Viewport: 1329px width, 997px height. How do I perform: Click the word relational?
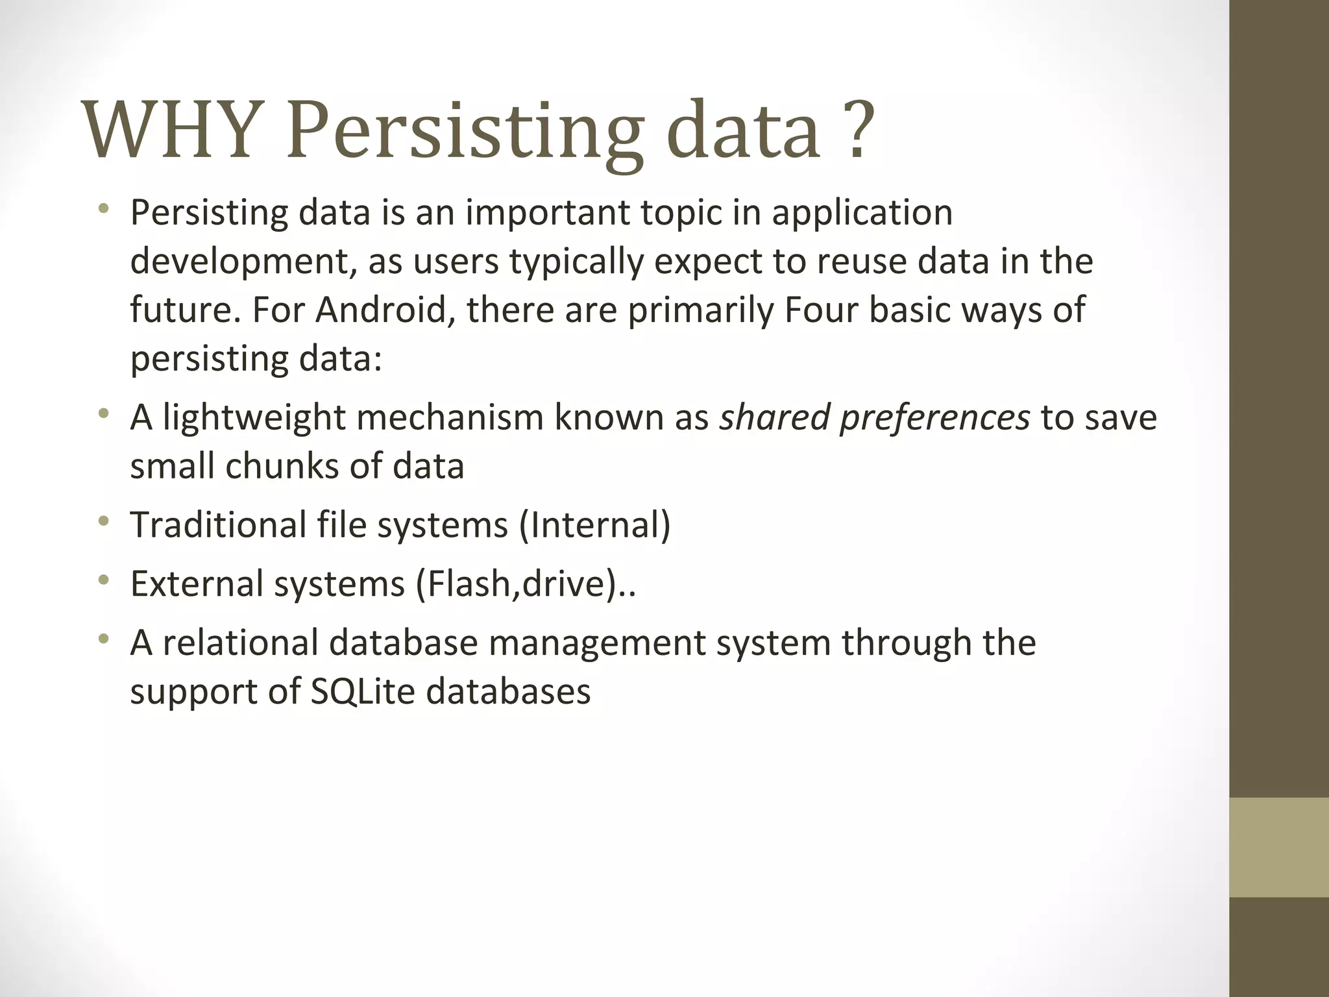[x=240, y=643]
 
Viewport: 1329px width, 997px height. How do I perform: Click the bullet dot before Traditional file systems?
[x=104, y=521]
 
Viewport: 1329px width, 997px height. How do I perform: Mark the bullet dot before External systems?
[x=104, y=580]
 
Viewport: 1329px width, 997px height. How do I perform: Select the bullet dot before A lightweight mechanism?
[x=104, y=413]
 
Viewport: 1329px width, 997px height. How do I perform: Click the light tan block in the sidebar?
[x=1279, y=847]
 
